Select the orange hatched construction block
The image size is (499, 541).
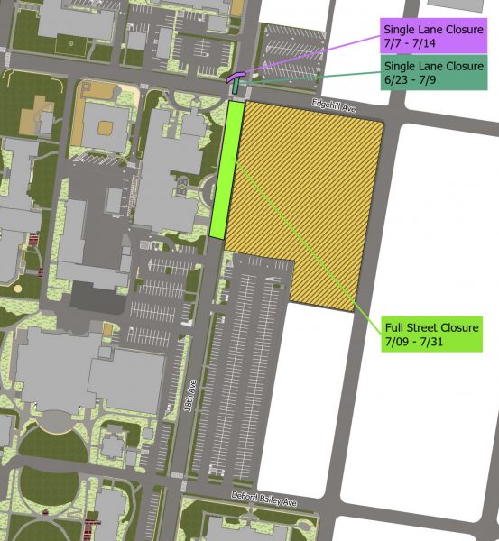click(x=307, y=198)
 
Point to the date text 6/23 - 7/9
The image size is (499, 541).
click(x=414, y=81)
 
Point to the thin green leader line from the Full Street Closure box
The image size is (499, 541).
click(x=307, y=243)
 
